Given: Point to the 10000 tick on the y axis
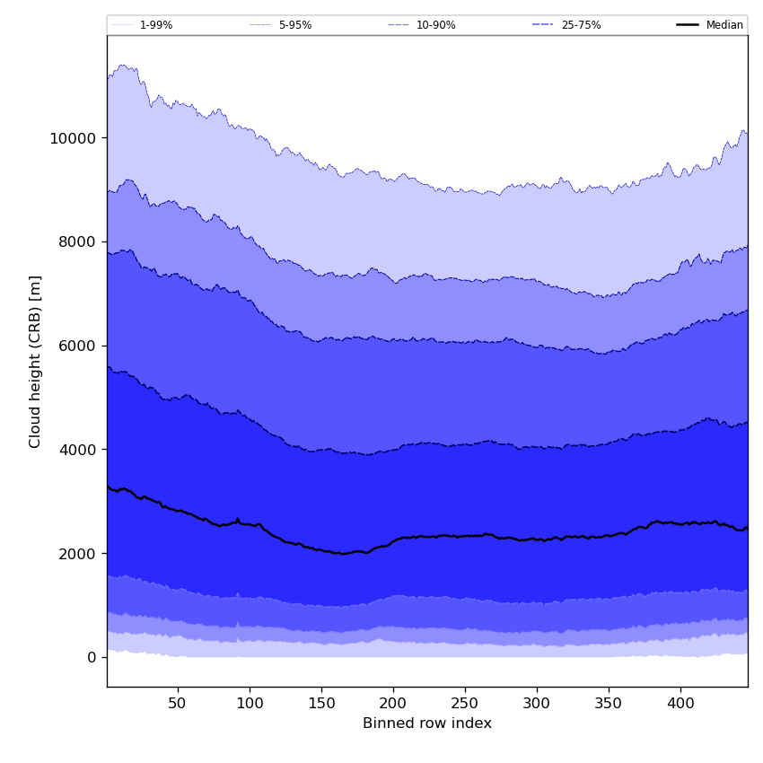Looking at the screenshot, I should tap(74, 138).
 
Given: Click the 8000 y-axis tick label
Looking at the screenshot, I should tap(78, 241).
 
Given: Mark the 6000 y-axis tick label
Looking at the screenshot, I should tap(78, 346).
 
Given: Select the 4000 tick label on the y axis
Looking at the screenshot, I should tap(78, 450).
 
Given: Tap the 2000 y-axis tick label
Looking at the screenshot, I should tap(78, 554).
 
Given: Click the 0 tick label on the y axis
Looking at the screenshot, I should tap(92, 658).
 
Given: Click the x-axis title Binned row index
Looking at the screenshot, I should tap(427, 724).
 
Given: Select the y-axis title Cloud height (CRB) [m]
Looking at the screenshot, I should tap(36, 361).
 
